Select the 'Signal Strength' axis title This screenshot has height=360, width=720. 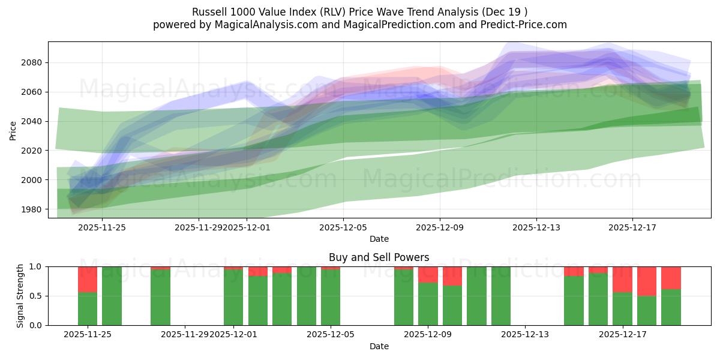[x=20, y=296]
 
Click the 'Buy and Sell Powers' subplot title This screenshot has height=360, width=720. [x=379, y=257]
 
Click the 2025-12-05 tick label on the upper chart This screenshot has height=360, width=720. [x=343, y=228]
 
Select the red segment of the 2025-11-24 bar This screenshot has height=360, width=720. [x=88, y=279]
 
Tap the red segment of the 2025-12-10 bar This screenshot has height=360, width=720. [x=452, y=276]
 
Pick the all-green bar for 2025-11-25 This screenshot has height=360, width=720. [x=112, y=296]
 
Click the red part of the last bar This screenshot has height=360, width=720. [x=671, y=278]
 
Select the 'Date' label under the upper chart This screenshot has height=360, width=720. [x=379, y=239]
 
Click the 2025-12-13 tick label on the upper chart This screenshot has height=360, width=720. [x=536, y=228]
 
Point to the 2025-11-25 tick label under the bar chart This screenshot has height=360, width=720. [x=88, y=335]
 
